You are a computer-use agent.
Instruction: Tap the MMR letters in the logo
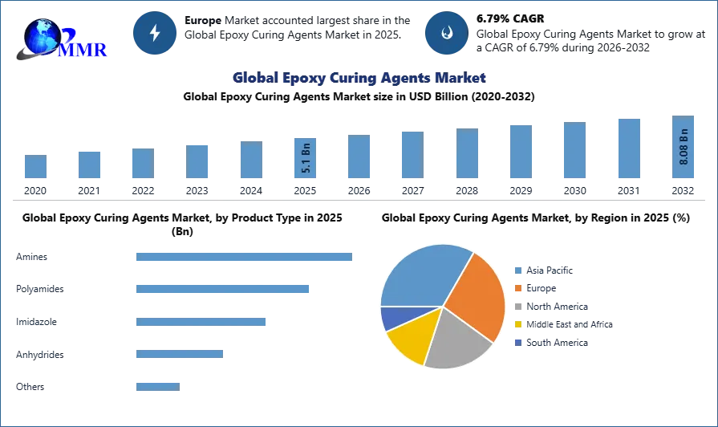tap(83, 50)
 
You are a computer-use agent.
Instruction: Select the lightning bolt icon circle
tap(155, 33)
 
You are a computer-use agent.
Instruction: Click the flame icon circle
tap(446, 33)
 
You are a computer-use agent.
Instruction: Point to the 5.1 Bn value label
tap(305, 157)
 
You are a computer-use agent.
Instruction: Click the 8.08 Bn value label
tap(684, 147)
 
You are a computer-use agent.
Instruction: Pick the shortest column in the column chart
tap(35, 167)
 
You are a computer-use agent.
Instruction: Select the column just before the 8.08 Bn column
tap(628, 148)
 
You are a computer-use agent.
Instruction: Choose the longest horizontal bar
tap(243, 257)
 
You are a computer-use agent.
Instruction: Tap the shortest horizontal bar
tap(156, 385)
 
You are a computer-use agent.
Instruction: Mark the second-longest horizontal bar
tap(224, 289)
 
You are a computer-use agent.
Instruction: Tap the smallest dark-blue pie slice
tap(390, 318)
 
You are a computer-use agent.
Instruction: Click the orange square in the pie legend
tap(519, 289)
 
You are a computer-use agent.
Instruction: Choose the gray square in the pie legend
tap(519, 308)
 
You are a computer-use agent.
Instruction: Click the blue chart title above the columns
tap(359, 78)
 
